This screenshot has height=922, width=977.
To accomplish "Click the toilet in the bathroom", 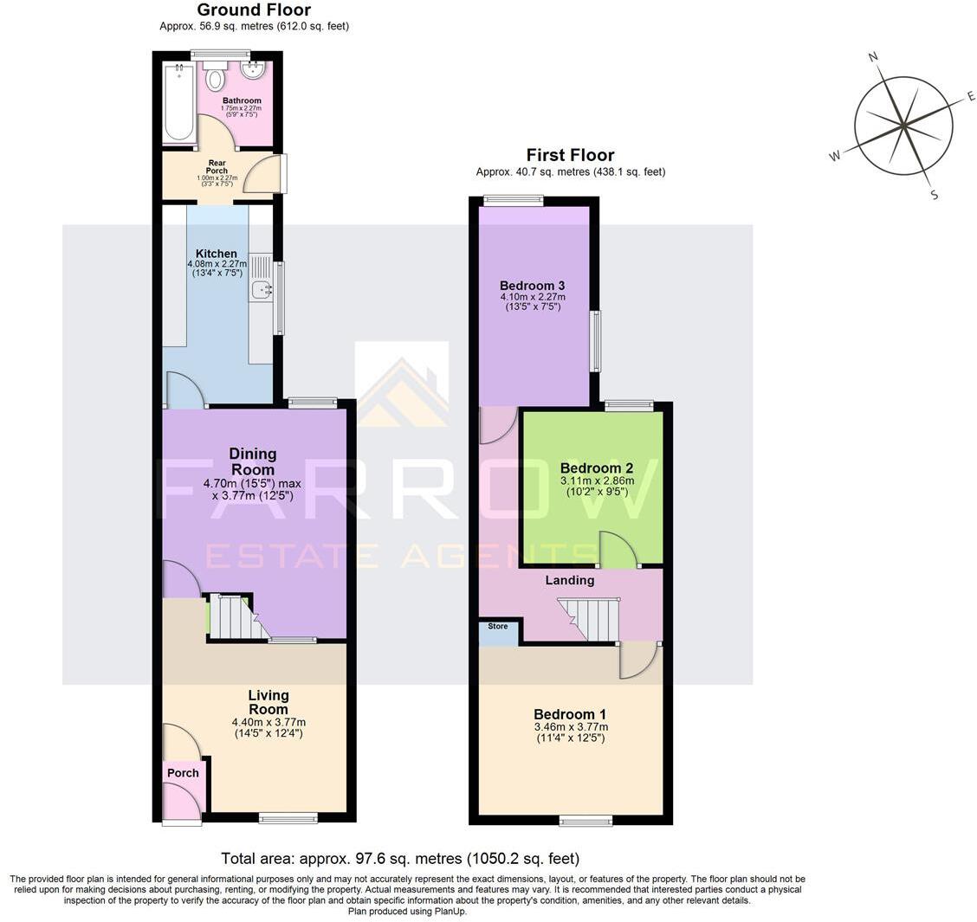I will pos(214,80).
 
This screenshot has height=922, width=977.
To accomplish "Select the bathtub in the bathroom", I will pos(179,102).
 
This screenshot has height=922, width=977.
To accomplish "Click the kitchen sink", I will pos(261,290).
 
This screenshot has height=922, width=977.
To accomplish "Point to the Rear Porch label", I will pos(217,166).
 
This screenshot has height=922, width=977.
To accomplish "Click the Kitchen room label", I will pos(216,254).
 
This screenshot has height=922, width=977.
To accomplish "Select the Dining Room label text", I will pos(252,461).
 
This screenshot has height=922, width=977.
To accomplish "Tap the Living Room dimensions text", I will pos(269,727).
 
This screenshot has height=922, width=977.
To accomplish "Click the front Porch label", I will pos(183,772).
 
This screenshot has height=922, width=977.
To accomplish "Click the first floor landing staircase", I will pos(592,619).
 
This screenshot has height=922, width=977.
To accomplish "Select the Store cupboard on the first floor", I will pos(499,632).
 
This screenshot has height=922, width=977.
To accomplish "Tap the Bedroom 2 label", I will pos(597,467).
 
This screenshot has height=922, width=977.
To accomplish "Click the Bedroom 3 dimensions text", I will pos(532,301).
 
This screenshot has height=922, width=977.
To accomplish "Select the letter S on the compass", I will pos(934,195).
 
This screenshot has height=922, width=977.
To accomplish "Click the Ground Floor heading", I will pos(254,10).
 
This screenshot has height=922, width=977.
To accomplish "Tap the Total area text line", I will pos(399,859).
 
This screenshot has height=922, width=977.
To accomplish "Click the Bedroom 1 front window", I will pos(586,820).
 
